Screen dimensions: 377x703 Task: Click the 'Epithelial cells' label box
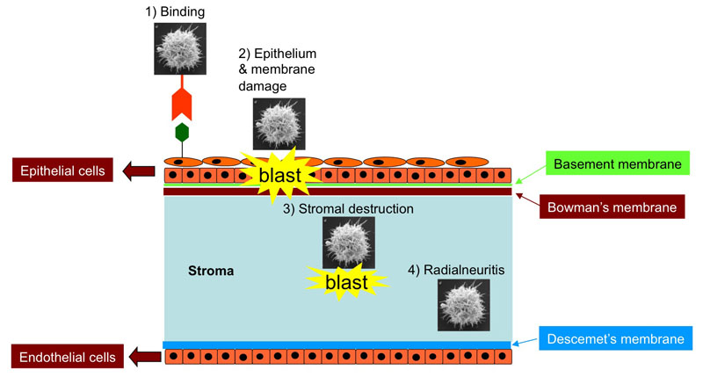click(x=60, y=170)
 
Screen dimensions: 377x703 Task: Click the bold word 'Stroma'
click(x=211, y=271)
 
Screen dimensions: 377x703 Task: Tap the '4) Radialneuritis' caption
click(x=458, y=267)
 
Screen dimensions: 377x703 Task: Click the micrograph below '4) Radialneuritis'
click(x=464, y=306)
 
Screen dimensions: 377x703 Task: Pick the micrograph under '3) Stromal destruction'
click(x=349, y=243)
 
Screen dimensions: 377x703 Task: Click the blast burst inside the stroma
click(x=346, y=283)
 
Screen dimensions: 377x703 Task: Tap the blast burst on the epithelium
click(x=279, y=175)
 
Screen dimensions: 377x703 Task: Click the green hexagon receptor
click(x=181, y=133)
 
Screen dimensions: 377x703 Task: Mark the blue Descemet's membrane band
click(x=337, y=344)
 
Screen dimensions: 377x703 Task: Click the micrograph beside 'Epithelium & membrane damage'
click(x=279, y=124)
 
